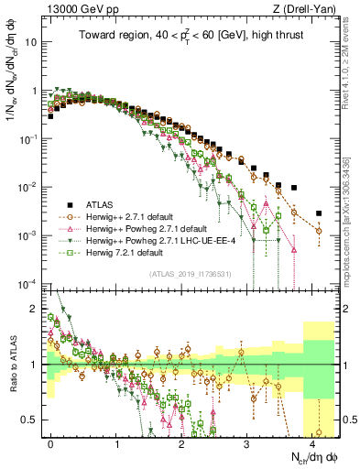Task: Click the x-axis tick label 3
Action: pos(247,442)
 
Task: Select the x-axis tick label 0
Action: pos(51,442)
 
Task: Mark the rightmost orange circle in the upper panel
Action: pos(319,231)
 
